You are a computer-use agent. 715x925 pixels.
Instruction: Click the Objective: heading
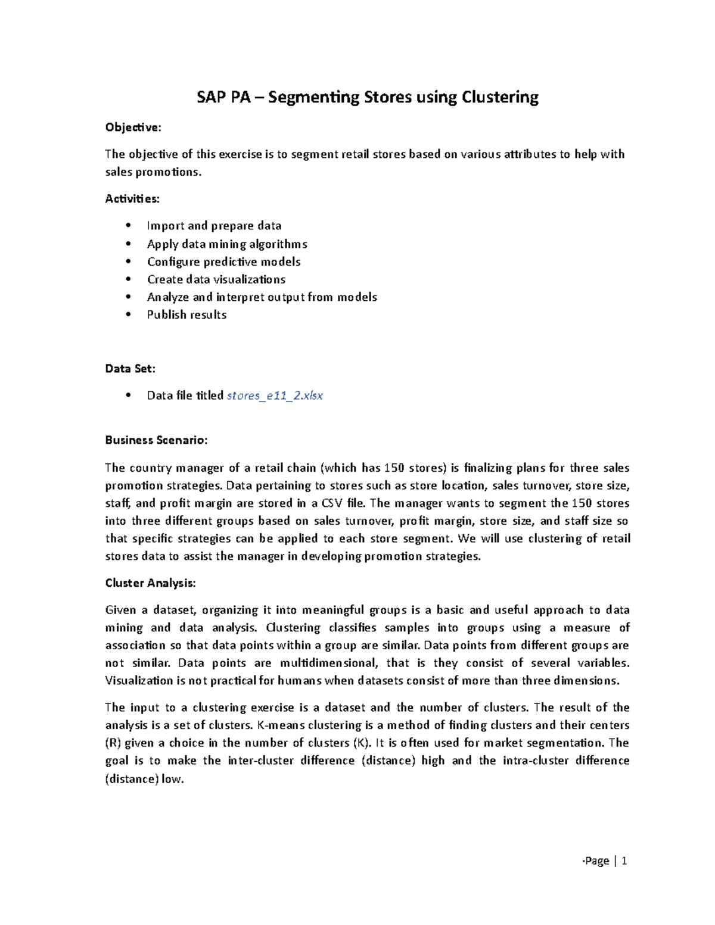[133, 127]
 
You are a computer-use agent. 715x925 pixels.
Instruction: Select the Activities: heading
[132, 199]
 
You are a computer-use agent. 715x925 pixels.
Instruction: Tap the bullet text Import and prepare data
[214, 226]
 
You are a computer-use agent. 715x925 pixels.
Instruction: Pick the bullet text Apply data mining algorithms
[227, 244]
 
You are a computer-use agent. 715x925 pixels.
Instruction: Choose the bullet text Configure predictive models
[223, 262]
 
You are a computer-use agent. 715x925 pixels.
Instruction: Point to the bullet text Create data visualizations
[216, 279]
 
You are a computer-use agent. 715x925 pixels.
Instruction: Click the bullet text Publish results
[186, 315]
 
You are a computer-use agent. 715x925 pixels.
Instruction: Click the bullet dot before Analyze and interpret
[128, 297]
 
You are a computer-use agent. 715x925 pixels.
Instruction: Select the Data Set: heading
[130, 369]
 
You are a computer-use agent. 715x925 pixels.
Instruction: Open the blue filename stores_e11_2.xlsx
[275, 395]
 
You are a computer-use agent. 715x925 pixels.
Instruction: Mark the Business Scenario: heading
[156, 440]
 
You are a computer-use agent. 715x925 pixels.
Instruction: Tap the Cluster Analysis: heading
[150, 583]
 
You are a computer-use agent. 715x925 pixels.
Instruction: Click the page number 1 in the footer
[624, 861]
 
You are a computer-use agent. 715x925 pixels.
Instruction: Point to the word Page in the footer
[597, 861]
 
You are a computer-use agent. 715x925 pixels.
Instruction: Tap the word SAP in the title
[210, 98]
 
